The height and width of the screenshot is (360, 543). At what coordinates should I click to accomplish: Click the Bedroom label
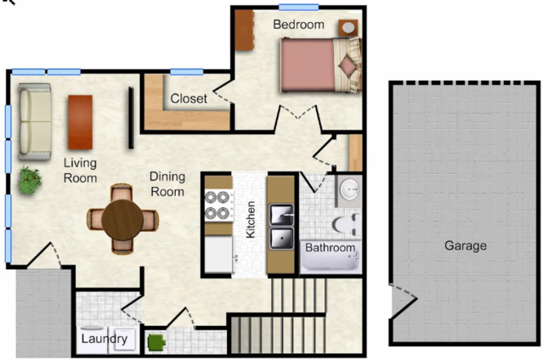point(298,25)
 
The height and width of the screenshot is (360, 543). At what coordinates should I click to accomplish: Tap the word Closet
point(189,98)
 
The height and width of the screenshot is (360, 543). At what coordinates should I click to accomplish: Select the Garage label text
point(466,245)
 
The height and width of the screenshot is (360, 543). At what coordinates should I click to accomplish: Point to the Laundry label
point(105,339)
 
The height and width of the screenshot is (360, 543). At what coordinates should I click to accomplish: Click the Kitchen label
point(251,220)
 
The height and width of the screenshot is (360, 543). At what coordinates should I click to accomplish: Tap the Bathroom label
point(330,248)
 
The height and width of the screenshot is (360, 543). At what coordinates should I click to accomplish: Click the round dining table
point(122,219)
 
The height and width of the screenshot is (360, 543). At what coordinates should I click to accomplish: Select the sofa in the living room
point(35,121)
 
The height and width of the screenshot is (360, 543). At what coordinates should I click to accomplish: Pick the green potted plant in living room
point(30,180)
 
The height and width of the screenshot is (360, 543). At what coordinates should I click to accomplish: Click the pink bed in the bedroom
point(320,65)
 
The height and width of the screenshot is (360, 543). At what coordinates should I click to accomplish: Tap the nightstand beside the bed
point(348,28)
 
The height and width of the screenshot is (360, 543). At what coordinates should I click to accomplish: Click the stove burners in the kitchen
point(218,206)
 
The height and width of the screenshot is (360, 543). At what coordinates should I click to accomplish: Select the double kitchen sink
point(281,227)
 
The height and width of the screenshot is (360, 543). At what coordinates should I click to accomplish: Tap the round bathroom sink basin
point(349,189)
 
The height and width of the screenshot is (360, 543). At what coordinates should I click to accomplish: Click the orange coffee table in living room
point(81,122)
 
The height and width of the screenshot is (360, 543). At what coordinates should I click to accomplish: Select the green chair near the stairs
point(156,342)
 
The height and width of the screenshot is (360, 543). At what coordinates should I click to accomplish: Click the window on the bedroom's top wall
point(298,8)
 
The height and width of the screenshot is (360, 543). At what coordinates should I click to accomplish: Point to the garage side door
point(404,301)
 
